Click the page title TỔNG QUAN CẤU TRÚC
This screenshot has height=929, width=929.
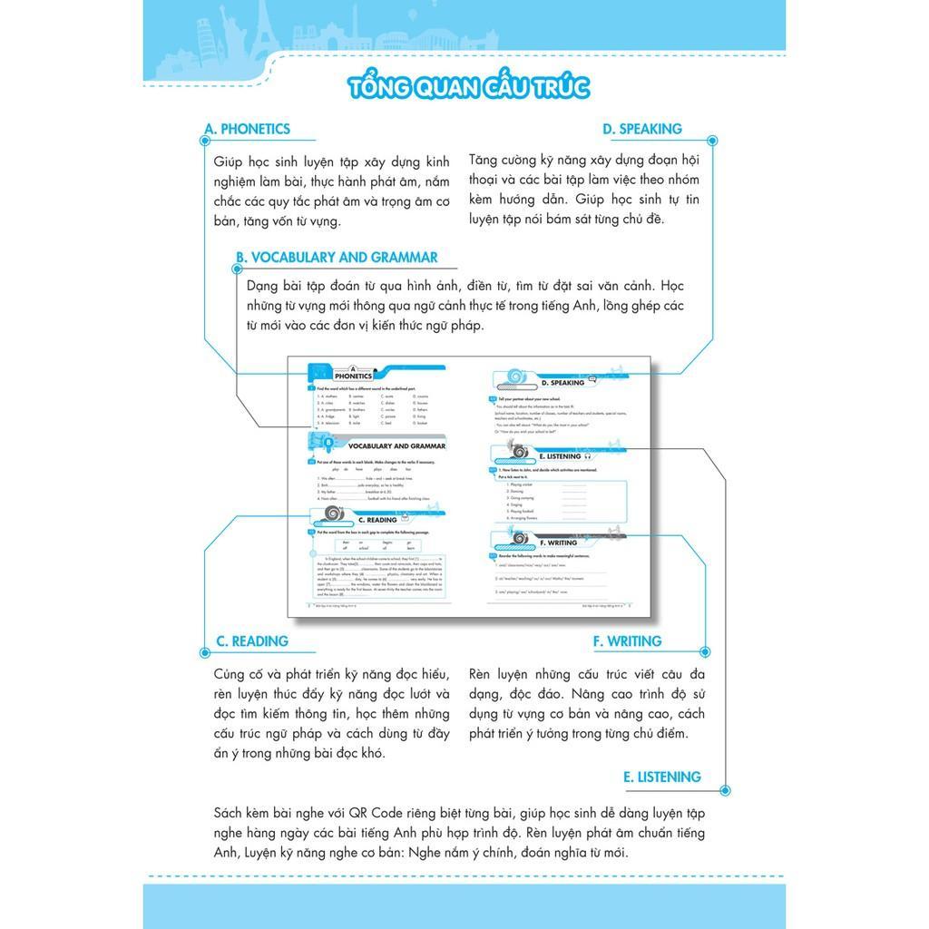click(x=468, y=87)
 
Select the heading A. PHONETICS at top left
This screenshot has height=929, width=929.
click(x=248, y=129)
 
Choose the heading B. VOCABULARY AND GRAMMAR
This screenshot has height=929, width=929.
click(x=337, y=258)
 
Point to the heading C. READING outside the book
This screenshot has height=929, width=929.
click(x=251, y=641)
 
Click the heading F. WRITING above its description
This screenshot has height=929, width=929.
click(x=628, y=641)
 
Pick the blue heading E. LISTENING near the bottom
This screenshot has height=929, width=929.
click(x=662, y=777)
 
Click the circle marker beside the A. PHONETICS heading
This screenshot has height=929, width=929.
click(x=204, y=141)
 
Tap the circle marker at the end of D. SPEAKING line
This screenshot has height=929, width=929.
click(x=712, y=141)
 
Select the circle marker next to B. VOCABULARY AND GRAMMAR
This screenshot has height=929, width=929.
click(x=238, y=269)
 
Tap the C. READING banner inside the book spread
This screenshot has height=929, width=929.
click(x=373, y=520)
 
